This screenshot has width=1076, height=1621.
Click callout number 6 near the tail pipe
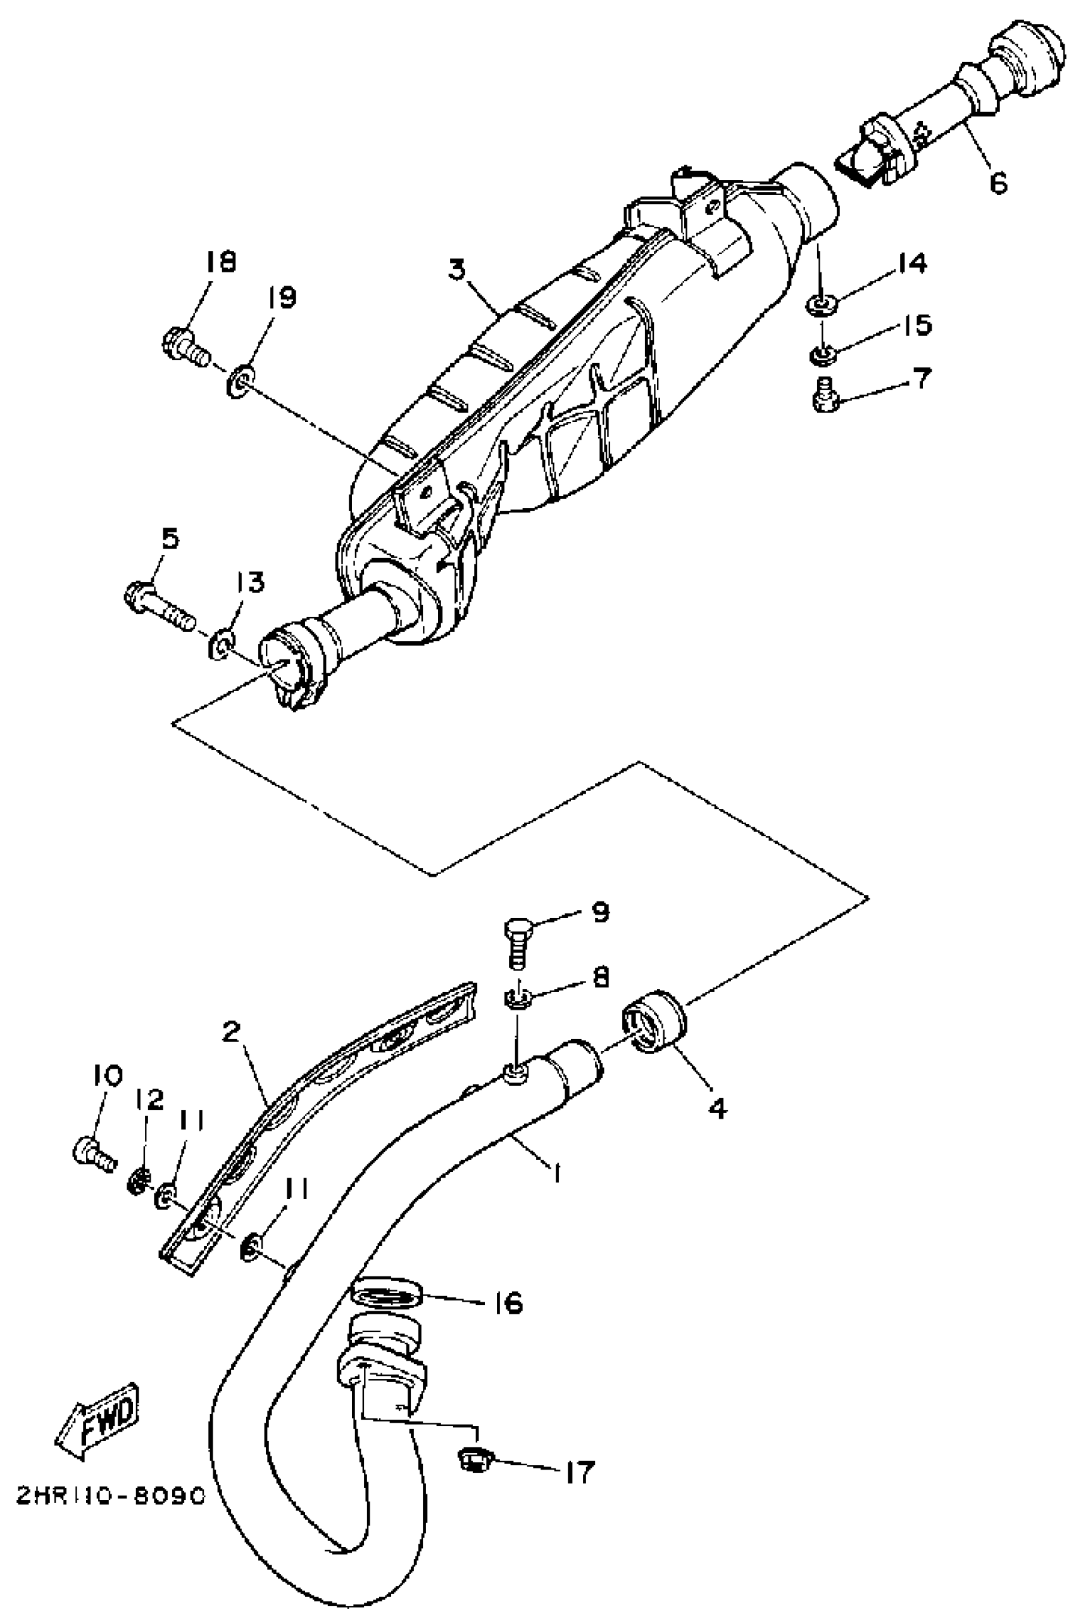click(x=998, y=182)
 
